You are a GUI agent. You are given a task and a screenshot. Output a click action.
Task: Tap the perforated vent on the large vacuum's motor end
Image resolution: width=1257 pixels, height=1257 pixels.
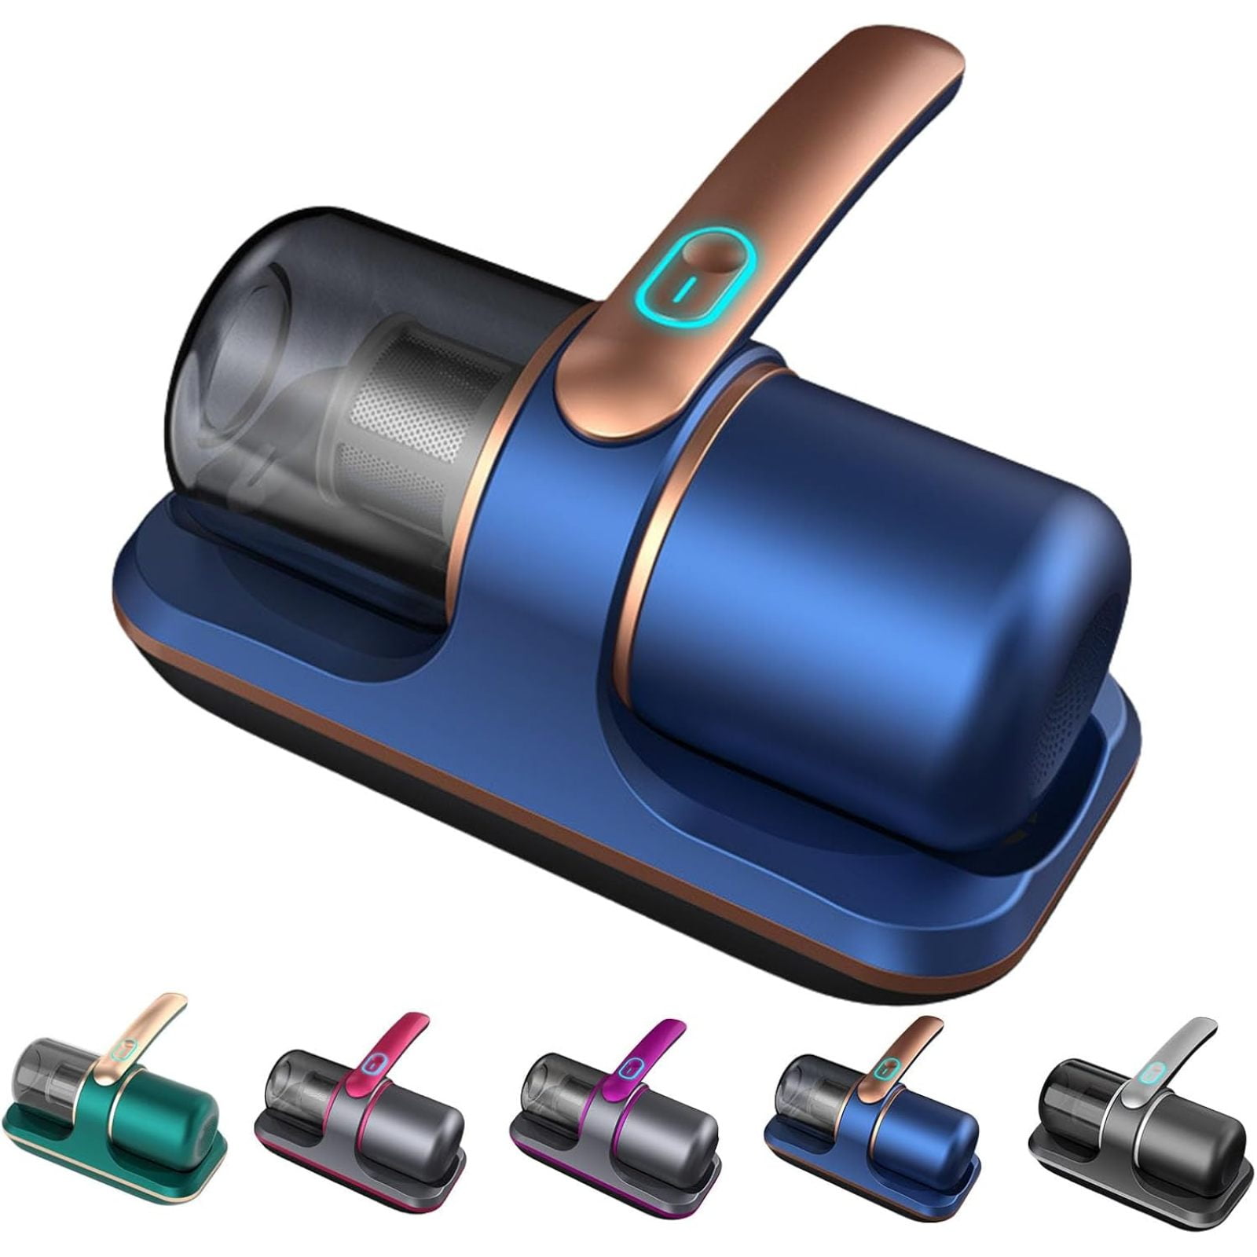1096,676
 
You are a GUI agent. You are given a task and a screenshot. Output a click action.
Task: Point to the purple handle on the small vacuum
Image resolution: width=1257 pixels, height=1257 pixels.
656,1045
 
